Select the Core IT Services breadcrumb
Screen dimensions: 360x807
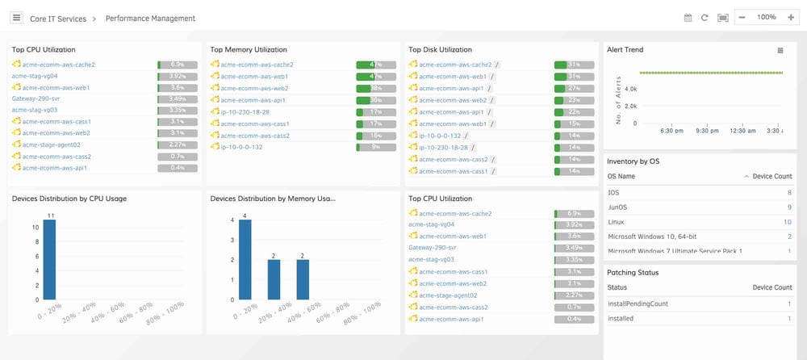click(58, 18)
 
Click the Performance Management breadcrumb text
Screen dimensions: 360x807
click(150, 18)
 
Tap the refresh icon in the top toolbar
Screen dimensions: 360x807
click(705, 18)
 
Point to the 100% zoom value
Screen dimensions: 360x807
click(767, 17)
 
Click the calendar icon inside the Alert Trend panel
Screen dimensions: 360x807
click(780, 50)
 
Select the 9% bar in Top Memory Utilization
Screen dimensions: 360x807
click(376, 148)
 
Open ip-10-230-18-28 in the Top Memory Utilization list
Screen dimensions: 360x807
click(245, 112)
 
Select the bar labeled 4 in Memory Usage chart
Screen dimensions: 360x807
click(245, 259)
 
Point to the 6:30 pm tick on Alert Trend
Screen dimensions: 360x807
click(672, 130)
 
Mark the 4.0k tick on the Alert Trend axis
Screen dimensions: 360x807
click(631, 89)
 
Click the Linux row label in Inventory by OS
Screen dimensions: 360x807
click(617, 222)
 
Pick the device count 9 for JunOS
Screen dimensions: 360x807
click(788, 207)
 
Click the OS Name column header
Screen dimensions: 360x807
click(621, 176)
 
